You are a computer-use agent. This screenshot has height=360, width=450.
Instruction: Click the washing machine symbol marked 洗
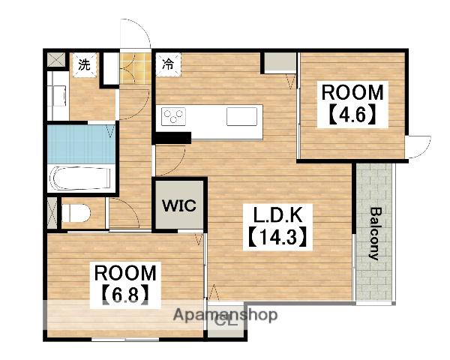click(84, 65)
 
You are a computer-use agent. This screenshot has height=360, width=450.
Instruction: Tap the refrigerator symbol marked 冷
click(169, 64)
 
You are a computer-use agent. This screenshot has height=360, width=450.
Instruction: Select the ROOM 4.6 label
click(352, 104)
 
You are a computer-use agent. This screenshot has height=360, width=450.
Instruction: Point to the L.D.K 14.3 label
click(277, 226)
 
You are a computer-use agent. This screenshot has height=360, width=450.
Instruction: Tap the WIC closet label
click(179, 205)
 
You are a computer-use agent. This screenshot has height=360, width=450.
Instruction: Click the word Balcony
click(376, 234)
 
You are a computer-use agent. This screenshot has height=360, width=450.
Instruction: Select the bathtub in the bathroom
click(80, 178)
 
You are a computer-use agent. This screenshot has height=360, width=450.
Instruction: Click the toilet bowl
click(76, 213)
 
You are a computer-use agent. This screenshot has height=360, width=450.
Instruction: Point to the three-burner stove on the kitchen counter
click(173, 116)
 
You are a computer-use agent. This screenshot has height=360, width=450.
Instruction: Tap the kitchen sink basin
click(241, 116)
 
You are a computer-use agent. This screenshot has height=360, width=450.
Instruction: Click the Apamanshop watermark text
click(225, 315)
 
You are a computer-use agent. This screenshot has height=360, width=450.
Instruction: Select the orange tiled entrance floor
click(136, 68)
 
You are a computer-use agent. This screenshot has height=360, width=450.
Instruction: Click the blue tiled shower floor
click(81, 144)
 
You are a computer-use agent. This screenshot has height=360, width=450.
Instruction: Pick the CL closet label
click(226, 321)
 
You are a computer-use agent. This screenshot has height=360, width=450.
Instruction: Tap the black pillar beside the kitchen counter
click(172, 138)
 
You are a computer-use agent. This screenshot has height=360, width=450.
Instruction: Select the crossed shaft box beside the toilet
click(52, 212)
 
